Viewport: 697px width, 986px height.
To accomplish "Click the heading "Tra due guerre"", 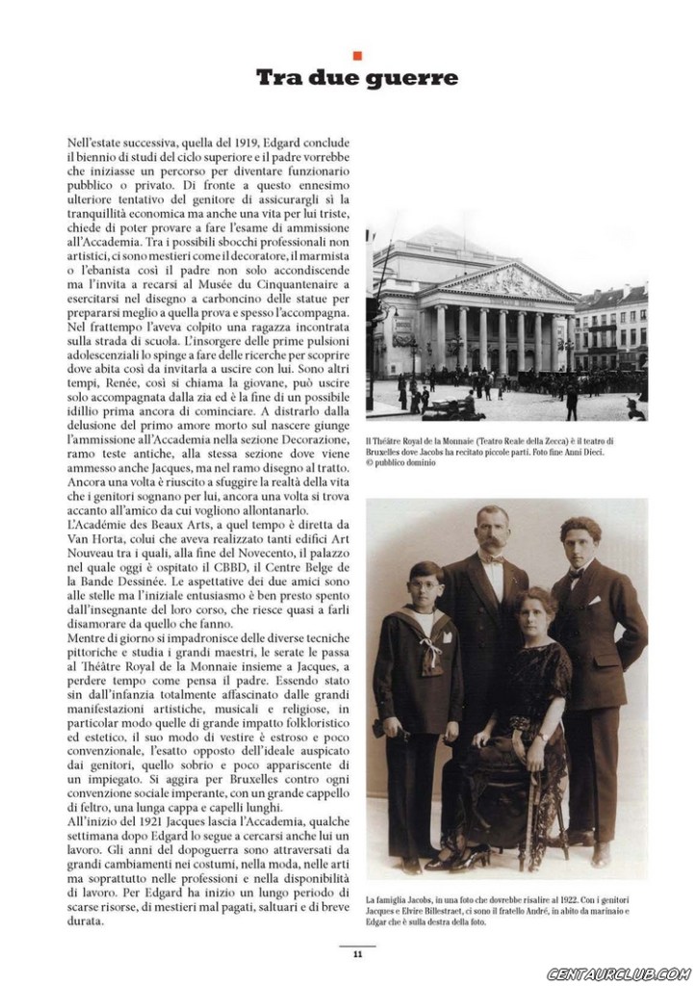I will [356, 78].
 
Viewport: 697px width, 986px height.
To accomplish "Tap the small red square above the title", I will [357, 55].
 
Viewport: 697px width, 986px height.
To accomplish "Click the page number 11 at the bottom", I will [356, 954].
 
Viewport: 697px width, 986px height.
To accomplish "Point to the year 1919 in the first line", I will [248, 142].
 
